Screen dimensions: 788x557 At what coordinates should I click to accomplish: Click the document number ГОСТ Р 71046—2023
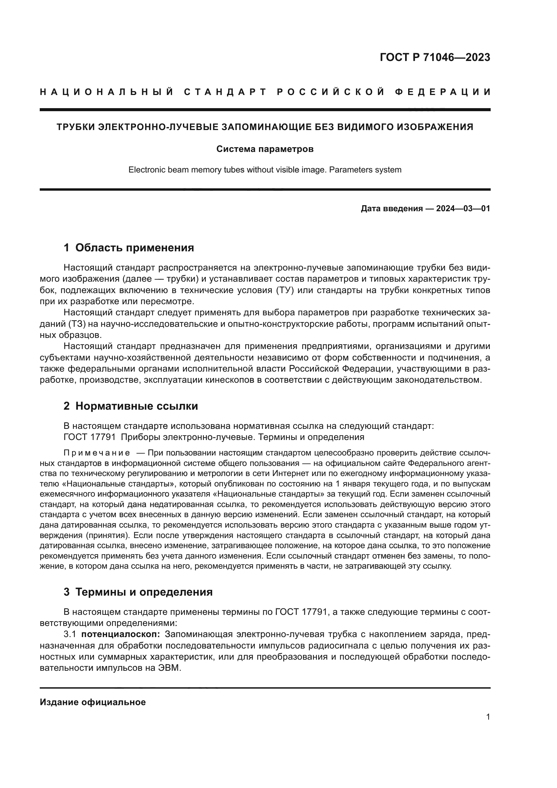click(x=434, y=57)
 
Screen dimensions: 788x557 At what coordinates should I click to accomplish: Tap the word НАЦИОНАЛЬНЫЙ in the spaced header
click(x=107, y=92)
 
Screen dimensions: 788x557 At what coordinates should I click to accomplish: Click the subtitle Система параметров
click(x=265, y=149)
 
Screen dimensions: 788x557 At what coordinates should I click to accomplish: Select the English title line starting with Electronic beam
click(x=265, y=169)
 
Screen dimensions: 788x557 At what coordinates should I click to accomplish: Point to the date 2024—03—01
click(x=463, y=208)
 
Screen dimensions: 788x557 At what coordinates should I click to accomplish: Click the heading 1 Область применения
click(x=129, y=248)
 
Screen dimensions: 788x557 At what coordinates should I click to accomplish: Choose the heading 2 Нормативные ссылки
click(x=131, y=406)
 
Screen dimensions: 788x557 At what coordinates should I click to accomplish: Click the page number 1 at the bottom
click(x=488, y=717)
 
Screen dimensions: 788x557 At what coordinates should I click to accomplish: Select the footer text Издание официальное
click(x=93, y=702)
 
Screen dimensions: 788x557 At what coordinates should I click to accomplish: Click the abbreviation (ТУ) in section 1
click(x=285, y=290)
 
